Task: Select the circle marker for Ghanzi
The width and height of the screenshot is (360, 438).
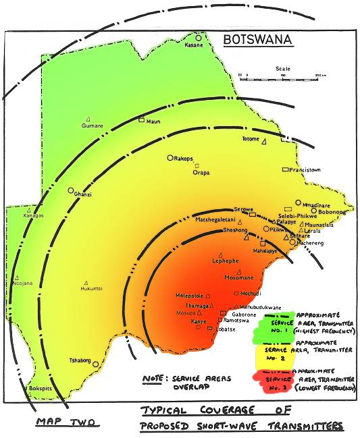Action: click(70, 191)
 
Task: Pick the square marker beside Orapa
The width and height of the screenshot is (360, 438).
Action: click(197, 165)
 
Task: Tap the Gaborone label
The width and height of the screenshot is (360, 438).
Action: click(241, 314)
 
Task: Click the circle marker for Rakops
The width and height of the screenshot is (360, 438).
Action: click(170, 158)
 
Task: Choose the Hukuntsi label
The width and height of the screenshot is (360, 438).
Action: click(91, 288)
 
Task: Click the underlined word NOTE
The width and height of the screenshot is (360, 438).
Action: click(155, 380)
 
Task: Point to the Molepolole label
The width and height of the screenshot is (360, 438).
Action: click(190, 296)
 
